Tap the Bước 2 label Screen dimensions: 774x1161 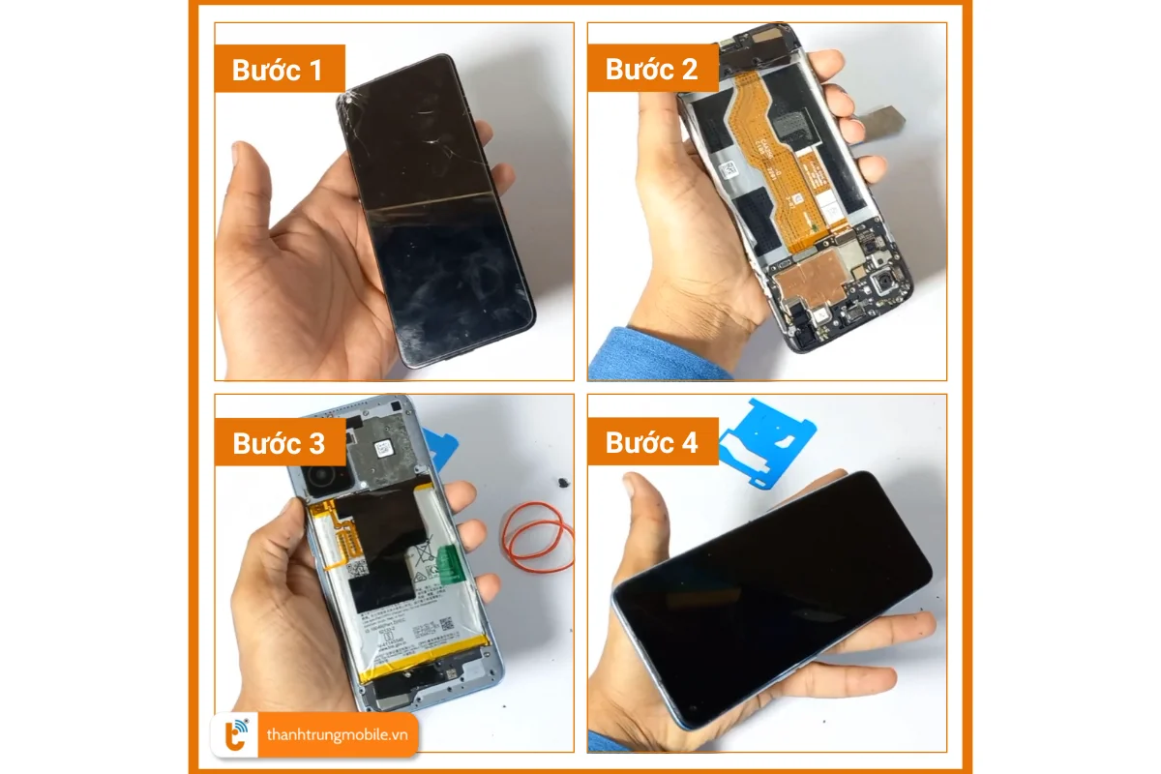click(x=650, y=70)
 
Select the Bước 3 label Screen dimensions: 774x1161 click(x=278, y=443)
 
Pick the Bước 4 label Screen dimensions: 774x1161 click(x=650, y=443)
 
